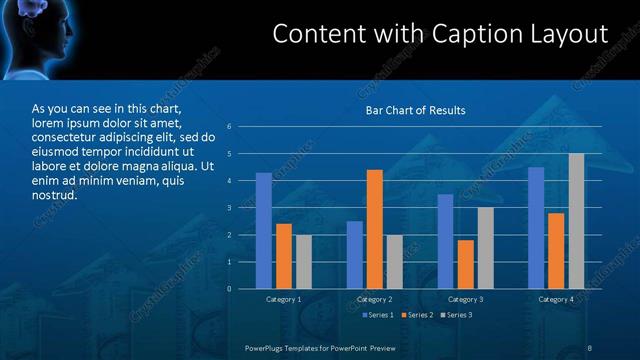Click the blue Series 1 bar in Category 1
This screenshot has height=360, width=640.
point(264,230)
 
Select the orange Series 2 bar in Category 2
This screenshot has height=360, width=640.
point(375,229)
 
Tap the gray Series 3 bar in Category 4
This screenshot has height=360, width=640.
point(576,221)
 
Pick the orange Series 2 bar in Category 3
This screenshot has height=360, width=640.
point(465,264)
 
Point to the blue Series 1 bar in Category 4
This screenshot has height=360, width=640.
point(536,228)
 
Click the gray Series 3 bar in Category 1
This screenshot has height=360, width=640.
point(304,261)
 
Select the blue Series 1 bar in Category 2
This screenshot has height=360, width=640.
point(355,255)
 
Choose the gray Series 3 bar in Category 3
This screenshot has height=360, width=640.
point(485,248)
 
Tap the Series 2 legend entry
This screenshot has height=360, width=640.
point(418,315)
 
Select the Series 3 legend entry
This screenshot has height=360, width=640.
point(456,315)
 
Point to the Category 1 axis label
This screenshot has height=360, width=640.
point(284,299)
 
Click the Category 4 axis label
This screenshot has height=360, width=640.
point(556,299)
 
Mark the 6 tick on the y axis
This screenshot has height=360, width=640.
point(229,127)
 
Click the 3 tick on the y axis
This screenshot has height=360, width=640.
point(229,208)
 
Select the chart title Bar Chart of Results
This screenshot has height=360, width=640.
point(415,110)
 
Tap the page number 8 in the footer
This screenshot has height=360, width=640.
point(590,347)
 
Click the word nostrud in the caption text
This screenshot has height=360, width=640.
point(55,196)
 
